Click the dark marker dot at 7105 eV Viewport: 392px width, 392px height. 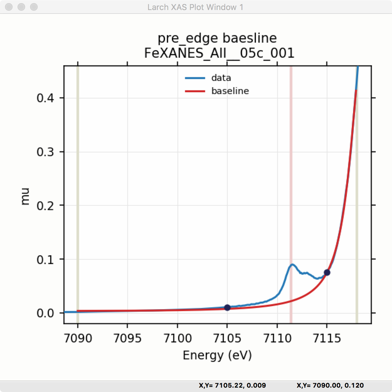click(x=227, y=308)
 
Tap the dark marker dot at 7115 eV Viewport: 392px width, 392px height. click(x=327, y=273)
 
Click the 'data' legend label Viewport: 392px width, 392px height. click(x=221, y=78)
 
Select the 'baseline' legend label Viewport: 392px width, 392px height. click(x=230, y=91)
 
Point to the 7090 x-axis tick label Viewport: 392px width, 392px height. click(x=78, y=338)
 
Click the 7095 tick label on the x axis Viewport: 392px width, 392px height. click(x=127, y=338)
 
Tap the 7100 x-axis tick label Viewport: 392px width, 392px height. click(x=177, y=338)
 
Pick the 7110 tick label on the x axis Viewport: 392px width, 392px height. click(x=277, y=338)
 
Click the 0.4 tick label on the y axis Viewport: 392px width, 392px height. click(x=45, y=98)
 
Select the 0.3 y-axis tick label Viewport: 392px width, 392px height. click(x=45, y=152)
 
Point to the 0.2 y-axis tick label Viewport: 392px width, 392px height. click(x=45, y=206)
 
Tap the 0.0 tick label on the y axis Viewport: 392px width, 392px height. click(x=45, y=313)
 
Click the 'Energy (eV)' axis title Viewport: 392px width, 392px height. click(x=217, y=355)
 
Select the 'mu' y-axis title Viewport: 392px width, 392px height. click(x=25, y=196)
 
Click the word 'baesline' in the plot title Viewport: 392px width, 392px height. click(x=250, y=38)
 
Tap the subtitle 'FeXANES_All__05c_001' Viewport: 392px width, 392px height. click(x=219, y=53)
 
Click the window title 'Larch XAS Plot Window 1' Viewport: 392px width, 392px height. click(x=195, y=7)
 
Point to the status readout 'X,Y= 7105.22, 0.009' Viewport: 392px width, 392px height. click(x=232, y=385)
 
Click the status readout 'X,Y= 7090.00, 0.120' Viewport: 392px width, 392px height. click(x=330, y=385)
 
